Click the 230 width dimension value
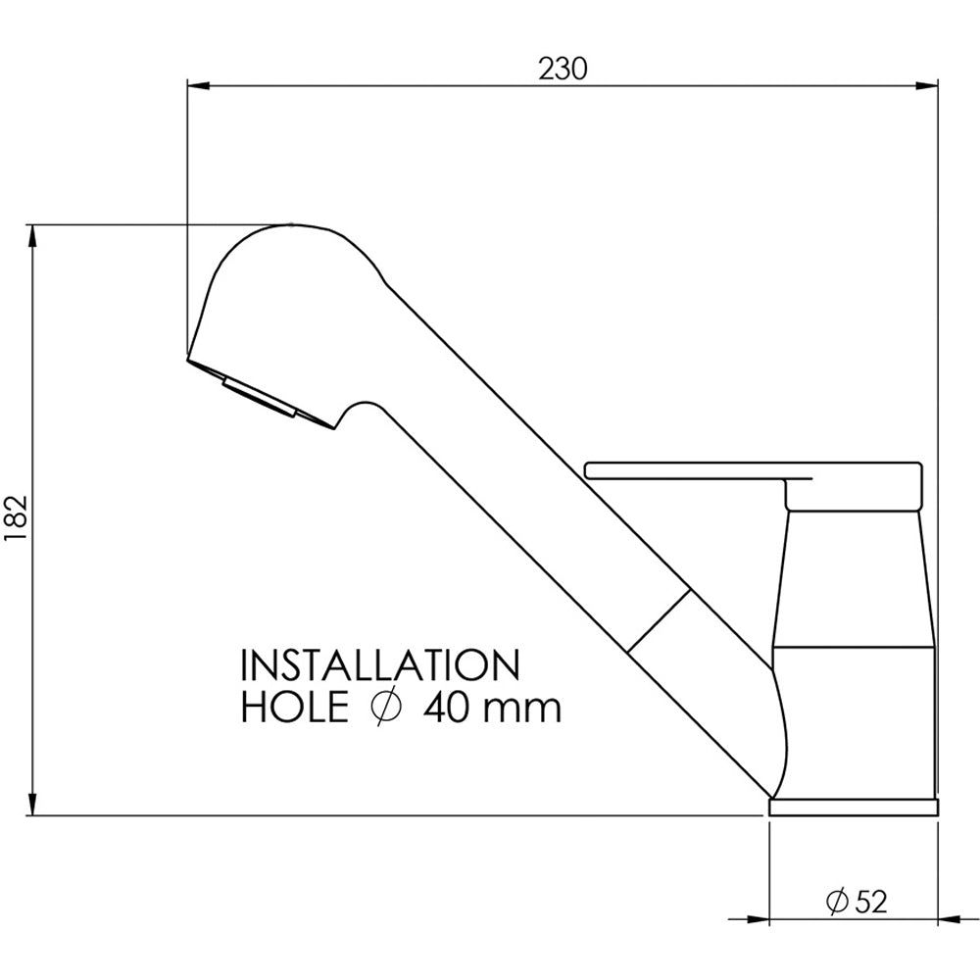pos(563,69)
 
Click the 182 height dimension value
pos(18,518)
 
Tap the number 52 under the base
pos(870,902)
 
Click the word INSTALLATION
pos(380,665)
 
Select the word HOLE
pos(294,709)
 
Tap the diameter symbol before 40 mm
pos(384,709)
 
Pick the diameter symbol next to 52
pos(837,902)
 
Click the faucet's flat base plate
pos(854,807)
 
